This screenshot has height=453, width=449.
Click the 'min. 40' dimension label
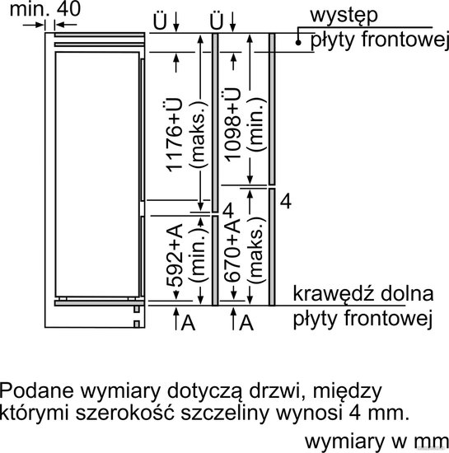coord(45,9)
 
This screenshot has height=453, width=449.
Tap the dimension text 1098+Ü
coord(232,124)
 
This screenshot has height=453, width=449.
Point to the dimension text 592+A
coord(175,255)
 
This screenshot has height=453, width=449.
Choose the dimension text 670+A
coord(233,250)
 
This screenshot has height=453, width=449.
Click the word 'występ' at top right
coord(344,16)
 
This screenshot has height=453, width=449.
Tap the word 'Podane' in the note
coord(37,390)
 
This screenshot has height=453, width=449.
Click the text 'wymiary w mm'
coord(377,441)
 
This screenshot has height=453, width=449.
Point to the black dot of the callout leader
coord(298,43)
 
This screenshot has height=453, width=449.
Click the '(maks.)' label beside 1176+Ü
coord(199,134)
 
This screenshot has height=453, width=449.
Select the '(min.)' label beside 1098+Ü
coord(256,124)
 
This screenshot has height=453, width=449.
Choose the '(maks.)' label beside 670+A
coord(256,250)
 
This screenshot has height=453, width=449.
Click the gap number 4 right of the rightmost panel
coord(285,201)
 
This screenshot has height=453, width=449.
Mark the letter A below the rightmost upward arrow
coord(246,323)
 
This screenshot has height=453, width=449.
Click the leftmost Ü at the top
coord(160,21)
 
